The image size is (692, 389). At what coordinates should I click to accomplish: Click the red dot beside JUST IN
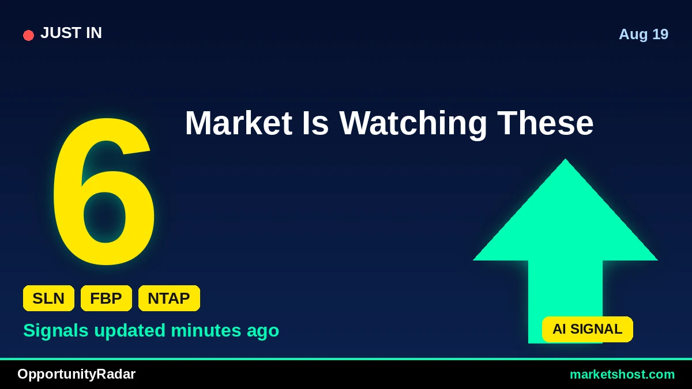[x=28, y=35]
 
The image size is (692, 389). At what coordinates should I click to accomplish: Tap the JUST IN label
[x=71, y=33]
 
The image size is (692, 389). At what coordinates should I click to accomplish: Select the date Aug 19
[x=644, y=34]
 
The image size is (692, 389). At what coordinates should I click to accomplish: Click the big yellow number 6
[x=104, y=191]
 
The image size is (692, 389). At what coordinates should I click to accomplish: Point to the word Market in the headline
[x=239, y=123]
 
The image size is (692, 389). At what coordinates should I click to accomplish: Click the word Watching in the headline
[x=413, y=124]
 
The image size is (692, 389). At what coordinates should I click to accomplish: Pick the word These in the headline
[x=546, y=123]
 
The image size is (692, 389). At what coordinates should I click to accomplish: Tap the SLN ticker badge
[x=48, y=299]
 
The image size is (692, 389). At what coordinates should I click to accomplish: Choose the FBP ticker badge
[x=106, y=299]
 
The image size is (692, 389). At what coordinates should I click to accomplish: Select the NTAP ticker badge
[x=169, y=299]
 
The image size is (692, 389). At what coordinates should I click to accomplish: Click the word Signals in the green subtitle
[x=56, y=331]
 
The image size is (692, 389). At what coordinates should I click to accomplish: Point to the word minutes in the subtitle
[x=206, y=330]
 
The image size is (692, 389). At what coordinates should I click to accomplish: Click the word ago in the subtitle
[x=263, y=332]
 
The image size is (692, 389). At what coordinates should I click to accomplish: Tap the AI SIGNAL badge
[x=587, y=329]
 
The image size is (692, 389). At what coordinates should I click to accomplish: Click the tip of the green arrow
[x=565, y=159]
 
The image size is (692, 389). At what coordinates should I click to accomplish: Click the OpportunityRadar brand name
[x=76, y=375]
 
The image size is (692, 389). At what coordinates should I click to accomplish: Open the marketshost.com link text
[x=622, y=375]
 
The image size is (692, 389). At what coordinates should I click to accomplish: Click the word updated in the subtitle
[x=130, y=331]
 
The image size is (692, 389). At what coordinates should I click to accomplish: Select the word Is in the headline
[x=315, y=123]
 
